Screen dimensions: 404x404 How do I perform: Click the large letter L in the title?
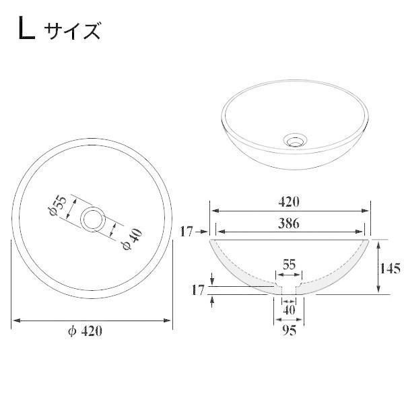[x=26, y=30]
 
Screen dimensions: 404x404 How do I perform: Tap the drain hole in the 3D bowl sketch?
[x=294, y=140]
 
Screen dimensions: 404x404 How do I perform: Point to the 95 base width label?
[x=290, y=331]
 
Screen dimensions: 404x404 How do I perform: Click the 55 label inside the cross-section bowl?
[x=289, y=265]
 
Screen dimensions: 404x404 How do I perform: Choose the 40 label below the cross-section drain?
[x=289, y=309]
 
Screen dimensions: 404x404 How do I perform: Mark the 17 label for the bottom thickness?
[x=197, y=290]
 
